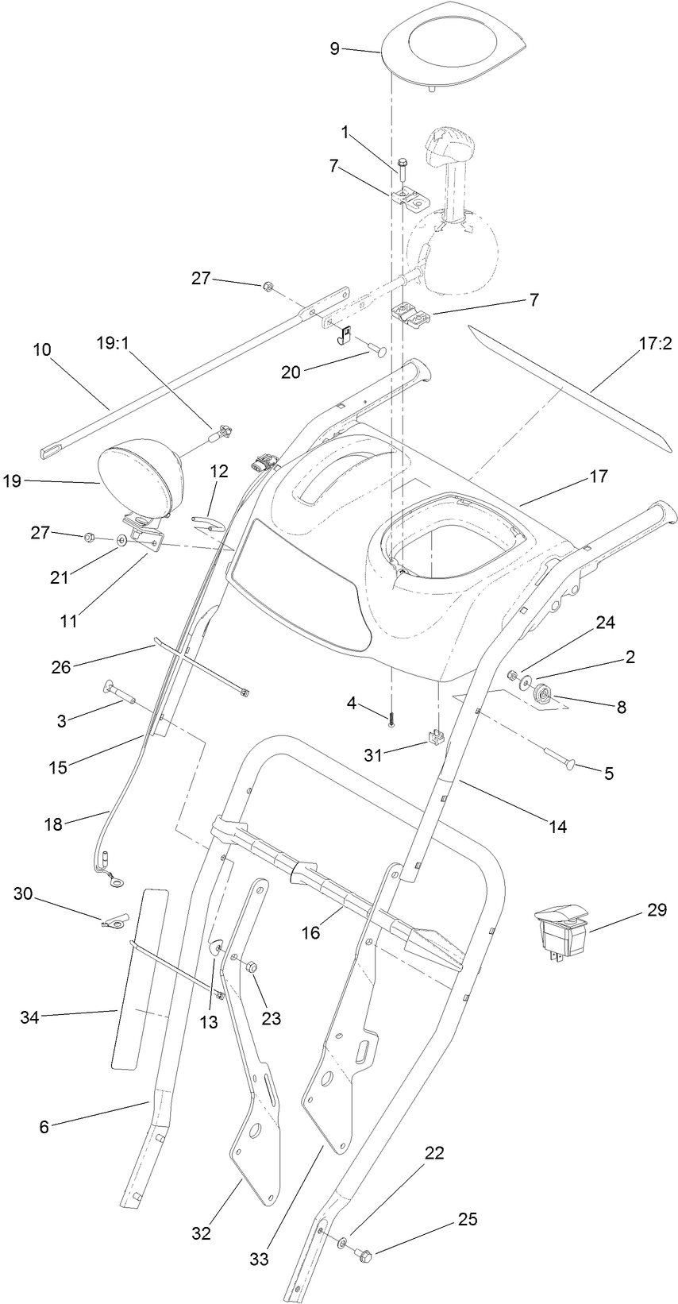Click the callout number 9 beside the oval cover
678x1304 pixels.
tap(334, 48)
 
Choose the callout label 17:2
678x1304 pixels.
tap(656, 345)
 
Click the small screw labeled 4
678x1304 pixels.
tap(391, 720)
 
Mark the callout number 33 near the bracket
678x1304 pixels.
tap(259, 1260)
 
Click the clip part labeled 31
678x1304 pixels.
tap(433, 739)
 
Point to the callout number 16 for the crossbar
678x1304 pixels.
tap(310, 933)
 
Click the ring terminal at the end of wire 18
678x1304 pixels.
tap(117, 879)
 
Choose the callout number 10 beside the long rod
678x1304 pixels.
tap(41, 349)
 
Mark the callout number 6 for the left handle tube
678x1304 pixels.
tap(44, 1126)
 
